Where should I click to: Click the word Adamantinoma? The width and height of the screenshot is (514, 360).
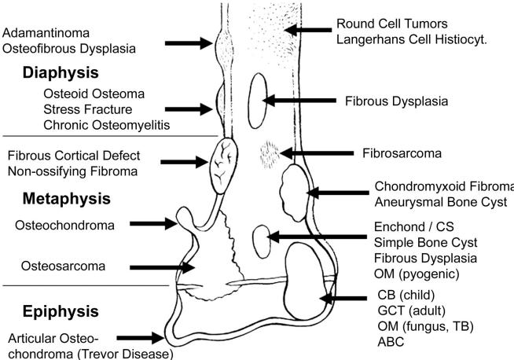coord(46,33)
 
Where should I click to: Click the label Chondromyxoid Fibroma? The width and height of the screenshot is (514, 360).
coord(444,186)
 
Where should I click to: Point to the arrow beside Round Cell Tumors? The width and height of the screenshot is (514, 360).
coord(308,30)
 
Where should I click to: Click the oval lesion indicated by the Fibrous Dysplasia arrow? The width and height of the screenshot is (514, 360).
coord(258,99)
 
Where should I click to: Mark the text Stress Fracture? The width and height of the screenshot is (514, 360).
coord(88,108)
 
